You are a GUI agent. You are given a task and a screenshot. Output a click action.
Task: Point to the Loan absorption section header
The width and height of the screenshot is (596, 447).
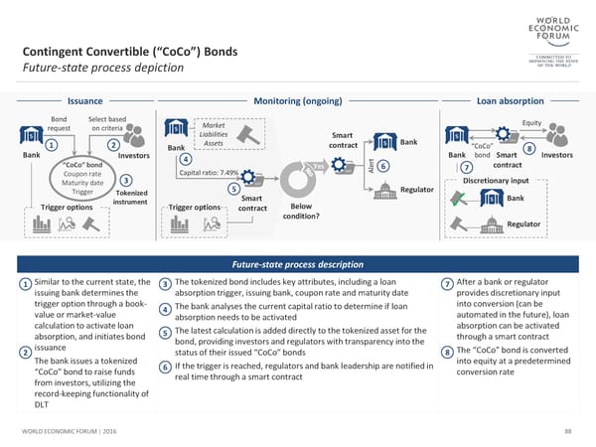[x=510, y=100]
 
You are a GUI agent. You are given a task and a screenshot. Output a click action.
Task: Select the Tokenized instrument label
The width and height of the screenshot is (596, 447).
[x=131, y=197]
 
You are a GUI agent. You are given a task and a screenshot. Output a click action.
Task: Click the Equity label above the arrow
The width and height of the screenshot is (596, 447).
[x=531, y=123]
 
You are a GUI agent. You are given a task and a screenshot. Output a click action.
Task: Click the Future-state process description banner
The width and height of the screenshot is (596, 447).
[x=297, y=264]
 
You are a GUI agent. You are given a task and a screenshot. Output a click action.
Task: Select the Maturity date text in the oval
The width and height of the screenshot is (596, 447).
[x=81, y=183]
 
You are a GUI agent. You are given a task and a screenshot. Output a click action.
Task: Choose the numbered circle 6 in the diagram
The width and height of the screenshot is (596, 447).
[x=383, y=166]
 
